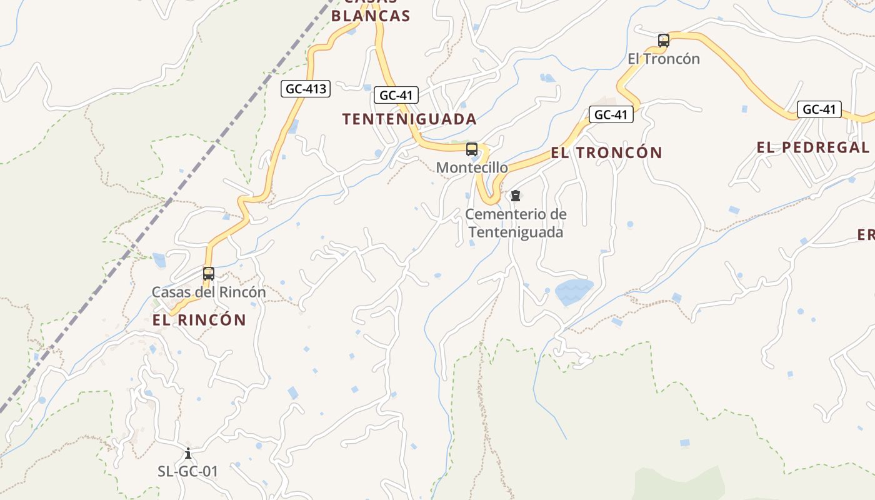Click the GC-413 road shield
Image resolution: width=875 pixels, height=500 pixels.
(x=306, y=89)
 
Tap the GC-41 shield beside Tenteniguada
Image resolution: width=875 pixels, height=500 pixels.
(x=396, y=96)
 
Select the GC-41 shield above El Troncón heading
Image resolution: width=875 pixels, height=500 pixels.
(x=611, y=114)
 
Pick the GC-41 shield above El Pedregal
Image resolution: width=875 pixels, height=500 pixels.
(x=819, y=109)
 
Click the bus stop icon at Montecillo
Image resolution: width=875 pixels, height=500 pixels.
(x=472, y=149)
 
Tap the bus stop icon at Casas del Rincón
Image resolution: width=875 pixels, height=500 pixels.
(x=209, y=274)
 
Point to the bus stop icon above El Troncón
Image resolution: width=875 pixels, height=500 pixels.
(x=664, y=41)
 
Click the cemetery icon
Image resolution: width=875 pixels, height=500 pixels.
(x=515, y=196)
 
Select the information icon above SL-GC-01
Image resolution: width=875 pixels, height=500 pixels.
(x=188, y=453)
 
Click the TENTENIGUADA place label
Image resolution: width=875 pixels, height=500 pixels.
(x=409, y=119)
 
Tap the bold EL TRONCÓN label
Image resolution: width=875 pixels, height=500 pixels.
(x=606, y=152)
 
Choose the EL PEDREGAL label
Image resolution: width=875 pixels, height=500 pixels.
(x=812, y=147)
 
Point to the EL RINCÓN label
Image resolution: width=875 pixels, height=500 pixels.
(x=199, y=320)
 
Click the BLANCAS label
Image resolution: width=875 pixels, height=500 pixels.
(x=370, y=16)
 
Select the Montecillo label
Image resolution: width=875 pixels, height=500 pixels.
(x=472, y=167)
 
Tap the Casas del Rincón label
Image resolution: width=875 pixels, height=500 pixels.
(x=209, y=292)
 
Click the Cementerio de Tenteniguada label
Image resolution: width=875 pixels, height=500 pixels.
(x=516, y=223)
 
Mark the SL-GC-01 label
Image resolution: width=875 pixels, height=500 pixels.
(x=188, y=471)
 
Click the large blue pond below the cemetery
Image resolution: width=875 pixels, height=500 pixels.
(x=573, y=291)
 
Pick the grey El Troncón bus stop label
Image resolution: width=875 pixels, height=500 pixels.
(x=664, y=59)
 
